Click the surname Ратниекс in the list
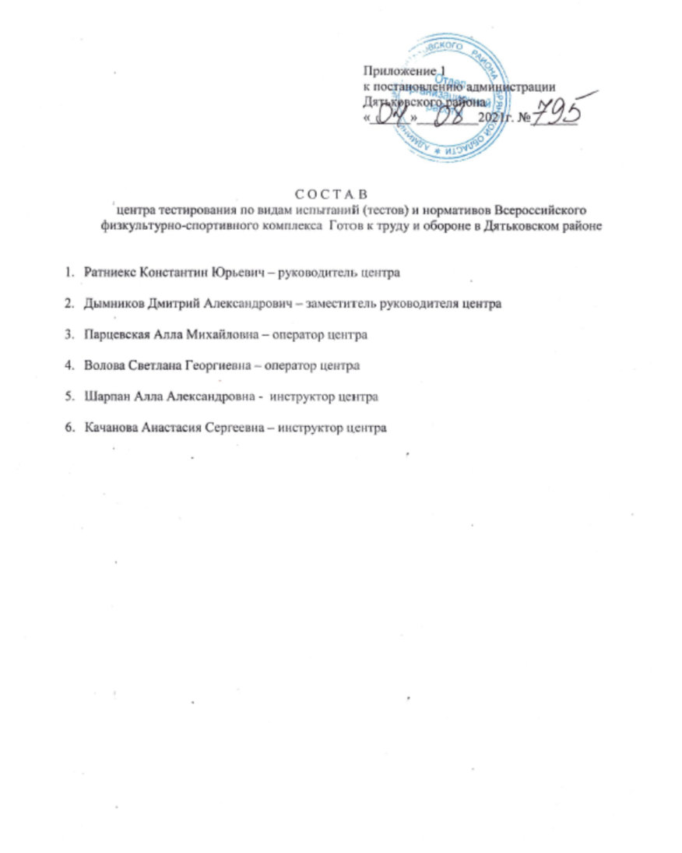point(108,274)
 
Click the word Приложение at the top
point(398,73)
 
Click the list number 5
point(69,397)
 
